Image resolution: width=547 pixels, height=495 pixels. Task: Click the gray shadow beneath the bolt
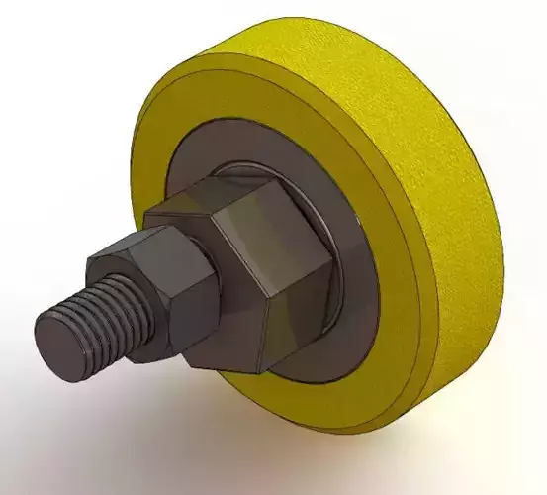(148, 396)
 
